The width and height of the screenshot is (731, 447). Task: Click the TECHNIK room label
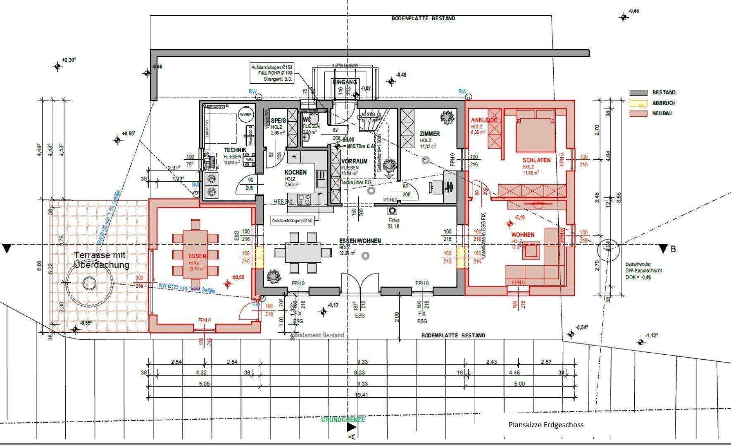(235, 150)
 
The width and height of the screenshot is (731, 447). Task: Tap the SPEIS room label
(278, 121)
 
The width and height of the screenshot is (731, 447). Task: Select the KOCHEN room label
(295, 173)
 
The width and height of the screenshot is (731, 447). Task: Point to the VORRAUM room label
(355, 161)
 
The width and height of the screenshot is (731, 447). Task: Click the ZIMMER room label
(429, 134)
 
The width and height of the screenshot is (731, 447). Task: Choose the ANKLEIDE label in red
(484, 120)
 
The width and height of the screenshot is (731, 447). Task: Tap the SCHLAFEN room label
(536, 160)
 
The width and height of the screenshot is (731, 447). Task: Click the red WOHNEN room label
(523, 235)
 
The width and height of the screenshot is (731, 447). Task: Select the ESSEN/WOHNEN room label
(360, 241)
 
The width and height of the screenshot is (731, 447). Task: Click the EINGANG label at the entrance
(345, 82)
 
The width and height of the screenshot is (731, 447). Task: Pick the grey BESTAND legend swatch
(638, 93)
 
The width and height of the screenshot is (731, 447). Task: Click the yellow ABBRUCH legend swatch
(638, 103)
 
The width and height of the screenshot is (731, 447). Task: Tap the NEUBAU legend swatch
(638, 113)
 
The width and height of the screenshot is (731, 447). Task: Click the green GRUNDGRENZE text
(343, 420)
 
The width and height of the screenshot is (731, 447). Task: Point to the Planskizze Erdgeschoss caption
(546, 425)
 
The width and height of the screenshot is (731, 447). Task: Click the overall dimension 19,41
(361, 395)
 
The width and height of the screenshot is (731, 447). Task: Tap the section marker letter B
(673, 249)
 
